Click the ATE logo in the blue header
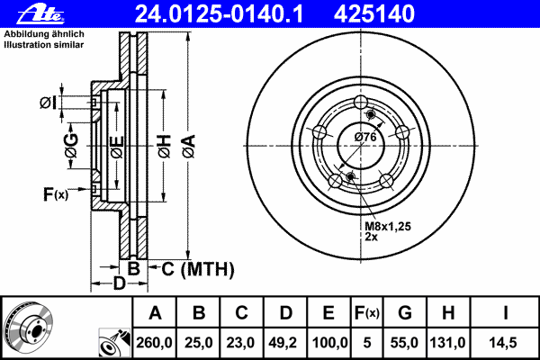[x=40, y=14]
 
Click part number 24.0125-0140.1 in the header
[x=219, y=13]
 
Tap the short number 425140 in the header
[x=374, y=13]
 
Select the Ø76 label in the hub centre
[x=365, y=137]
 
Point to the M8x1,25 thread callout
[x=388, y=226]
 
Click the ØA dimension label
[x=189, y=147]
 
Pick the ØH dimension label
[x=165, y=147]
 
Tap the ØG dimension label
[x=71, y=146]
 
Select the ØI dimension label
[x=48, y=103]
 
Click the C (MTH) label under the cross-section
[x=198, y=269]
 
